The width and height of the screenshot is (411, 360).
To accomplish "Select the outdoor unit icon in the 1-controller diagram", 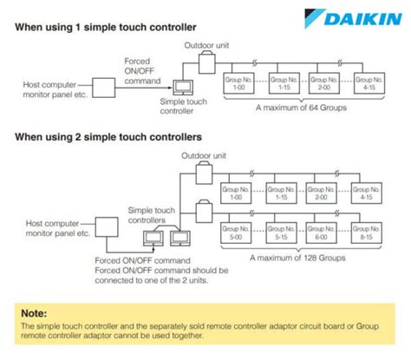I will (x=206, y=61).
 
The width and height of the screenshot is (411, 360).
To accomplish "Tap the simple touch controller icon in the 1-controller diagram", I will (x=183, y=87).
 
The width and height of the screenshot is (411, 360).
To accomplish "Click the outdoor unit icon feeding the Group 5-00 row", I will (x=206, y=211).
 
